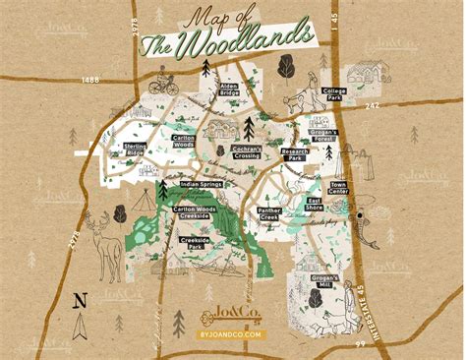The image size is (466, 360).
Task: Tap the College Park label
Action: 334,94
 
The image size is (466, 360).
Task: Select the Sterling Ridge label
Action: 136,149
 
